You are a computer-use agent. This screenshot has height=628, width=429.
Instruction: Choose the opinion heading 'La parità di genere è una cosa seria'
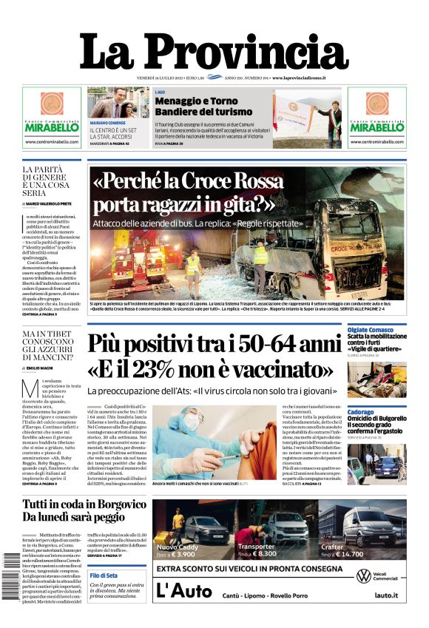click(46, 181)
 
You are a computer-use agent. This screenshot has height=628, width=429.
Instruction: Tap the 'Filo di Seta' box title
click(103, 575)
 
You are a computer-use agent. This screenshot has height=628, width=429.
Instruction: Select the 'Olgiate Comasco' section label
click(369, 329)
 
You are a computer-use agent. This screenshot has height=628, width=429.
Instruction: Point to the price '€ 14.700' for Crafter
click(348, 553)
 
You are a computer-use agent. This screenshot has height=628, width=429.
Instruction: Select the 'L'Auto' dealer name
click(175, 590)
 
